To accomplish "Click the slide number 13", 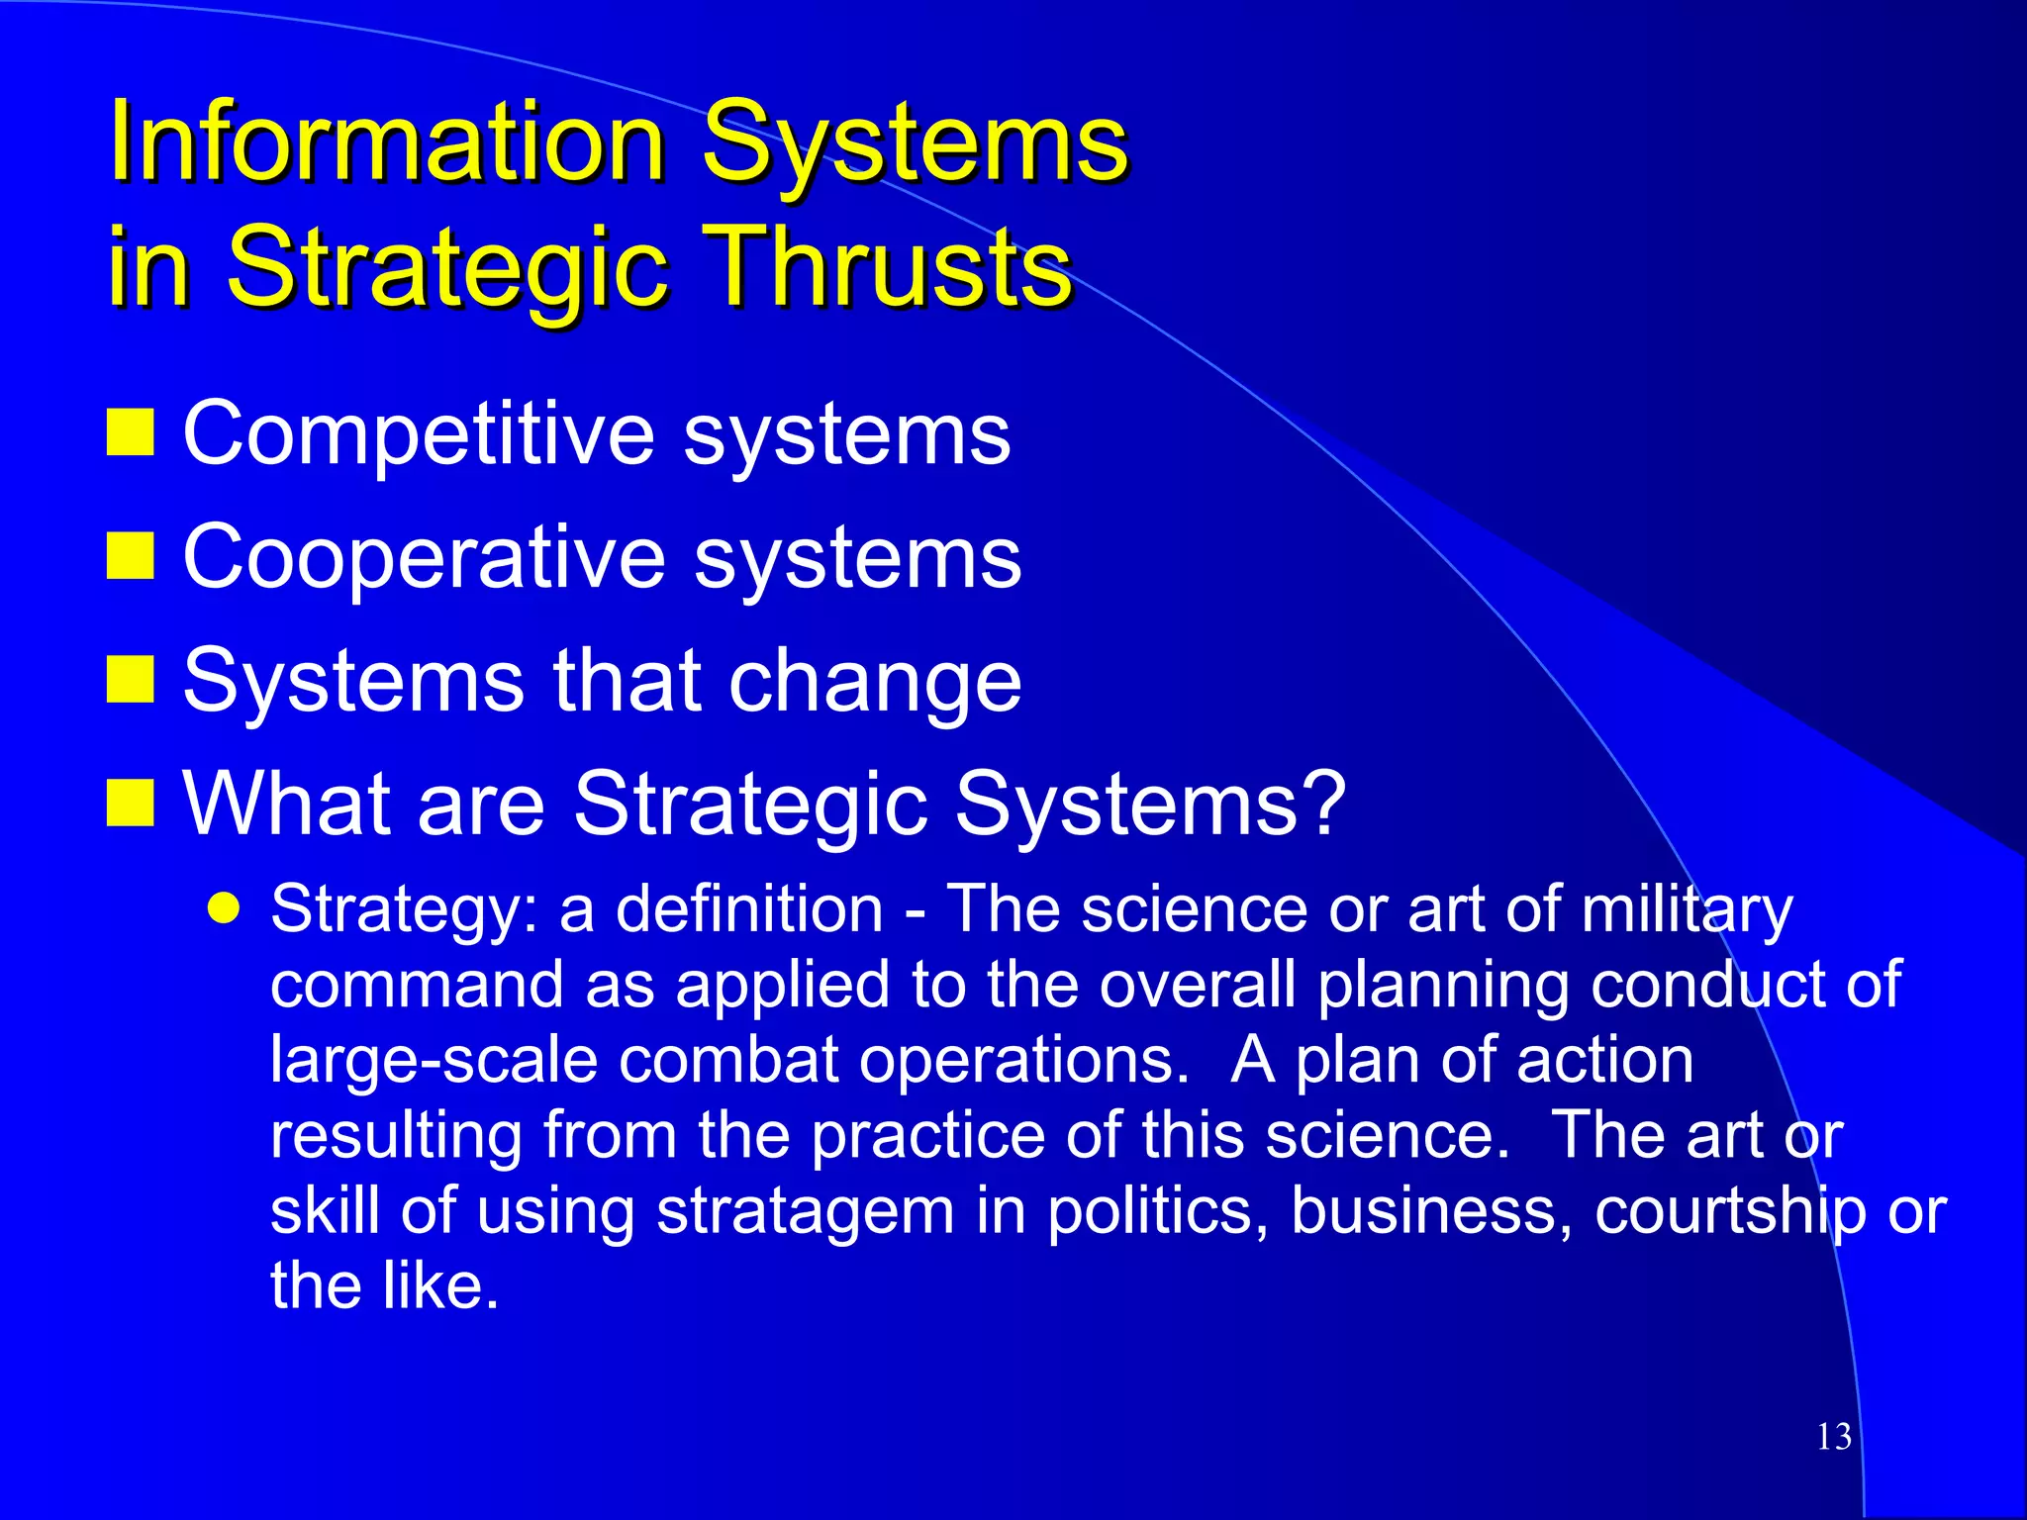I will [x=1834, y=1437].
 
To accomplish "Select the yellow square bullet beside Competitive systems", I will [x=130, y=432].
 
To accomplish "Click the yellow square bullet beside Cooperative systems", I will [x=130, y=556].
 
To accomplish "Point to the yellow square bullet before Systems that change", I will [x=130, y=680].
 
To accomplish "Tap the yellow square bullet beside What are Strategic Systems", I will [x=130, y=803].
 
